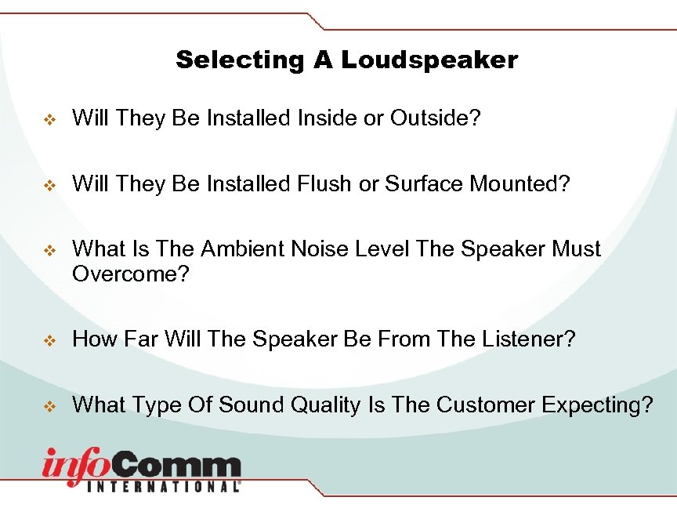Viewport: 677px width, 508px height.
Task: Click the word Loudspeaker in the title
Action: pos(429,60)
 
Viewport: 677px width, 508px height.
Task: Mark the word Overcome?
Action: pos(131,275)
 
